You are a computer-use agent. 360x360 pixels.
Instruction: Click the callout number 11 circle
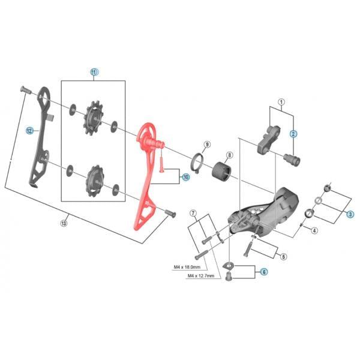[x=94, y=71]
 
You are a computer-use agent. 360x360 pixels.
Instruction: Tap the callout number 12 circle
[x=28, y=129]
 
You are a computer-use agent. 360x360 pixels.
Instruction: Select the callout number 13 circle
[x=65, y=224]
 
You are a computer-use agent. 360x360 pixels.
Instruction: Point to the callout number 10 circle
[x=185, y=177]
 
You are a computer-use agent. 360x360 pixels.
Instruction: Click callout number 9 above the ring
[x=206, y=145]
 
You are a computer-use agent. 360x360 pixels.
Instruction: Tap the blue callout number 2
[x=293, y=134]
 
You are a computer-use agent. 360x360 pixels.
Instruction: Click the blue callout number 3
[x=350, y=214]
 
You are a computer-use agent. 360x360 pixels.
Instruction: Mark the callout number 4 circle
[x=314, y=230]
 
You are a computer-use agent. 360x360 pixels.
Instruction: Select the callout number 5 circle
[x=284, y=256]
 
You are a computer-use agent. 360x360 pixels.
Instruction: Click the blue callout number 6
[x=263, y=271]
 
